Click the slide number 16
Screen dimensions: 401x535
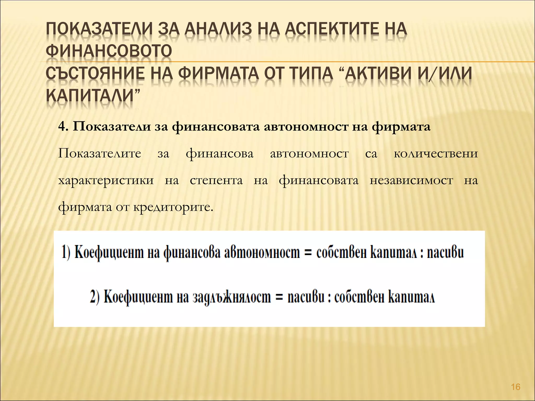click(516, 387)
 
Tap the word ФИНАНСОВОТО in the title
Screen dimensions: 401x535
click(109, 51)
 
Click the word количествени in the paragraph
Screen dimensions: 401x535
click(436, 154)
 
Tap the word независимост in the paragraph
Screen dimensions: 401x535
click(411, 180)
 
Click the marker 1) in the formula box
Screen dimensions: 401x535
click(66, 253)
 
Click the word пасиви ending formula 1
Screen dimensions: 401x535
click(445, 253)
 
